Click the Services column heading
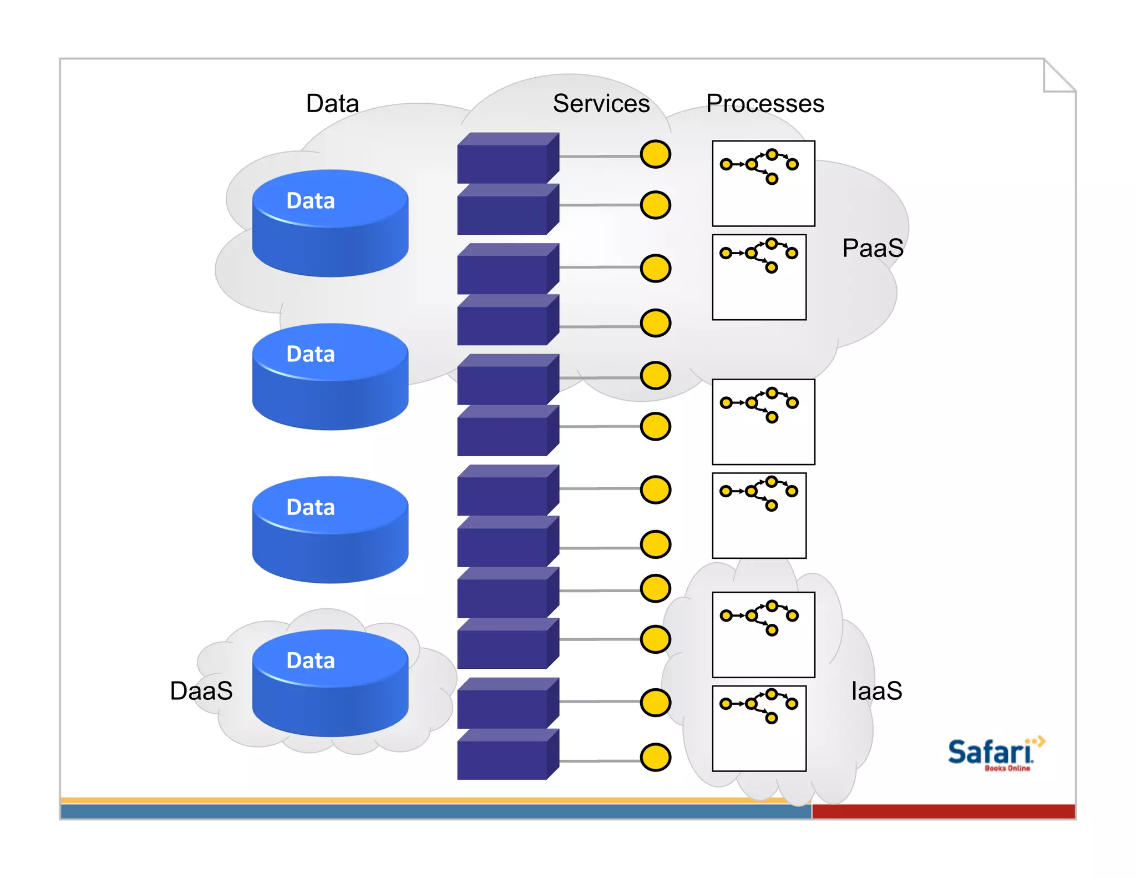601,104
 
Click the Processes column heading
765,104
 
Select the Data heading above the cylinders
332,104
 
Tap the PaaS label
873,248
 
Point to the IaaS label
876,691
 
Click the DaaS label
201,691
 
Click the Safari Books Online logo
993,754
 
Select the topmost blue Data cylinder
330,223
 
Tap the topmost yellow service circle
655,154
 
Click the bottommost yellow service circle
655,758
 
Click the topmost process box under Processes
763,184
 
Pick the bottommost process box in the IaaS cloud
759,728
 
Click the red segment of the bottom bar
943,811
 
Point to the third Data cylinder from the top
330,529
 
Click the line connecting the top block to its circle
599,157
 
